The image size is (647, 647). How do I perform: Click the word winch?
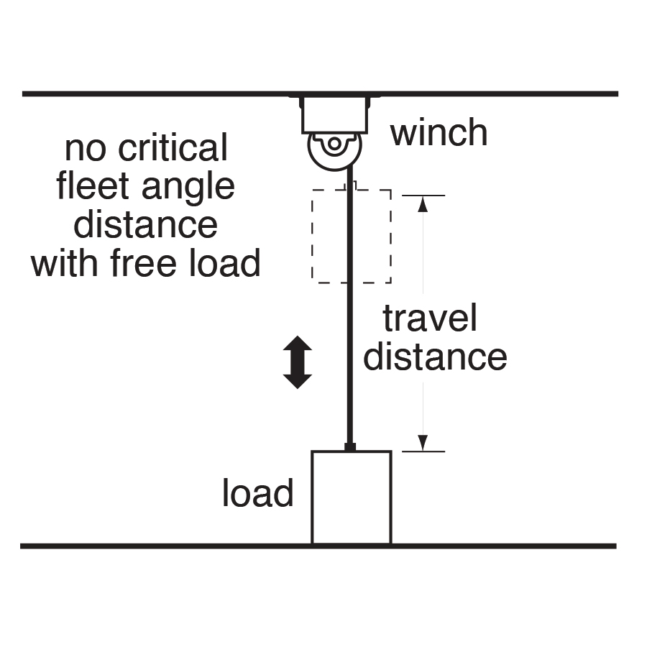tap(439, 133)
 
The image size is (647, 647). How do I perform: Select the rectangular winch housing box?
tap(334, 115)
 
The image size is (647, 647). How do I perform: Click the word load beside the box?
tap(257, 494)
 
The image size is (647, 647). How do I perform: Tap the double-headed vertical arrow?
tap(297, 363)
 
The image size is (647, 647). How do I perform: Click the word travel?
tap(430, 318)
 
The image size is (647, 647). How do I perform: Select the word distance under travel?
tap(435, 357)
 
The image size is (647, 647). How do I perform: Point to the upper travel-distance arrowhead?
tap(423, 204)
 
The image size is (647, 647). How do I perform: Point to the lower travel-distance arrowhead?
tap(423, 442)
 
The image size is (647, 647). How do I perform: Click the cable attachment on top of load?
tap(350, 447)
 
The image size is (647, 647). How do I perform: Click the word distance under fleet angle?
tap(146, 224)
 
